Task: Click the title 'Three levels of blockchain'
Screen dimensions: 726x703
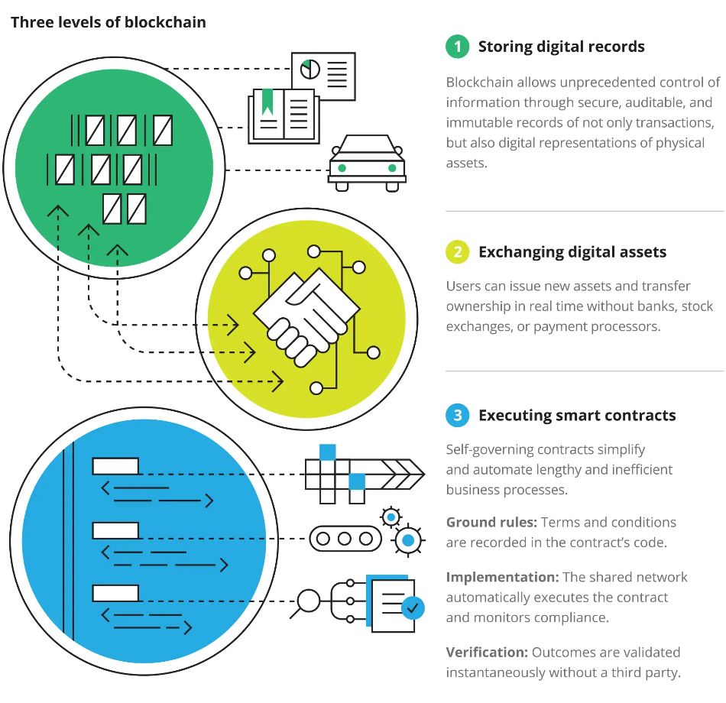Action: pyautogui.click(x=109, y=22)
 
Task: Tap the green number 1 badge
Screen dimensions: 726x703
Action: pyautogui.click(x=458, y=47)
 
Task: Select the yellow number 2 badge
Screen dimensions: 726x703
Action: pyautogui.click(x=458, y=252)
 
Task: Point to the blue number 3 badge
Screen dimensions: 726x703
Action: pyautogui.click(x=458, y=415)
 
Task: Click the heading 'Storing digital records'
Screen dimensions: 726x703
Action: pyautogui.click(x=561, y=47)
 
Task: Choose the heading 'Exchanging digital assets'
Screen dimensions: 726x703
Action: pyautogui.click(x=572, y=252)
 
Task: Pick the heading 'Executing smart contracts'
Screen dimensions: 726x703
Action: pyautogui.click(x=577, y=416)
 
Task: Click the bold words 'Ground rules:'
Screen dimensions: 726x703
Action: pyautogui.click(x=491, y=523)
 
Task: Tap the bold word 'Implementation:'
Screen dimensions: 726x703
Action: pyautogui.click(x=502, y=577)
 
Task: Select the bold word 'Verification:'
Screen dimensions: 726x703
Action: pyautogui.click(x=487, y=652)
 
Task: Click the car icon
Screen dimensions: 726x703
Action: pyautogui.click(x=367, y=163)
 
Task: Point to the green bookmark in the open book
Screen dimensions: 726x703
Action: pyautogui.click(x=267, y=102)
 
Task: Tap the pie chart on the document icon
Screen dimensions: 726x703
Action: pyautogui.click(x=310, y=69)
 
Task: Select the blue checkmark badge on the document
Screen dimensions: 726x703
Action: pyautogui.click(x=413, y=608)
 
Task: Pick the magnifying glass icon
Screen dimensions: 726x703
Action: pyautogui.click(x=306, y=602)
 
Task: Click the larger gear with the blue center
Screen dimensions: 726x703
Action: pyautogui.click(x=408, y=540)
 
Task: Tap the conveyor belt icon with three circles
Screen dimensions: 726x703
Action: pyautogui.click(x=345, y=539)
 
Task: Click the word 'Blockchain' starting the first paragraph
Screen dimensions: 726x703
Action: pyautogui.click(x=480, y=83)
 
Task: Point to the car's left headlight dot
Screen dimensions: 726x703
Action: pyautogui.click(x=342, y=168)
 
